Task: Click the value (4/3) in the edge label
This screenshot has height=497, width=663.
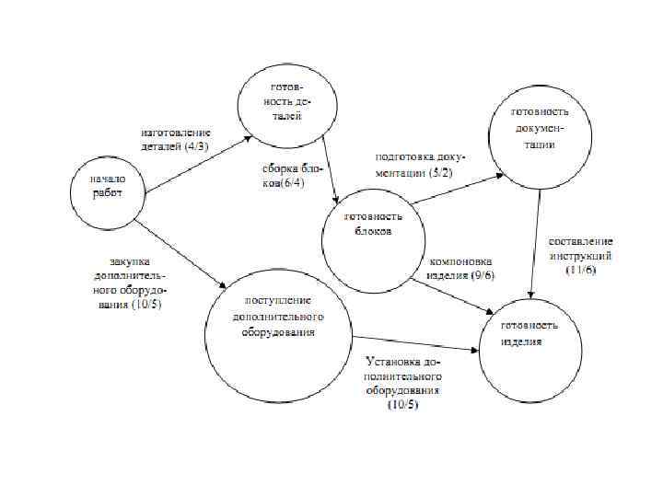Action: tap(196, 146)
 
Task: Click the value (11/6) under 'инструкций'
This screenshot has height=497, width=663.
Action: tap(582, 270)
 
